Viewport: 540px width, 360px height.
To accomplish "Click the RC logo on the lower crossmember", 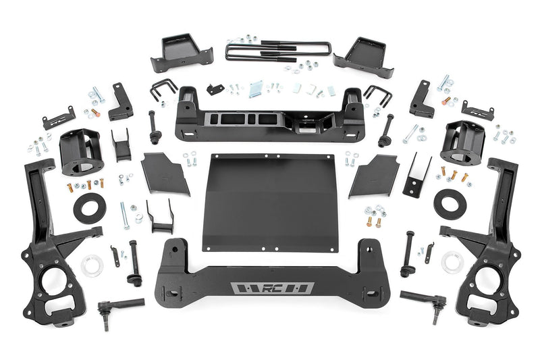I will coord(271,288).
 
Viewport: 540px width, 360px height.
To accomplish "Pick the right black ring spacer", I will coord(450,204).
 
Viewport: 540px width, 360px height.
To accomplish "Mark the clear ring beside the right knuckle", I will coord(451,262).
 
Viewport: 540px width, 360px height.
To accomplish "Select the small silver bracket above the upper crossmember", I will coord(255,90).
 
